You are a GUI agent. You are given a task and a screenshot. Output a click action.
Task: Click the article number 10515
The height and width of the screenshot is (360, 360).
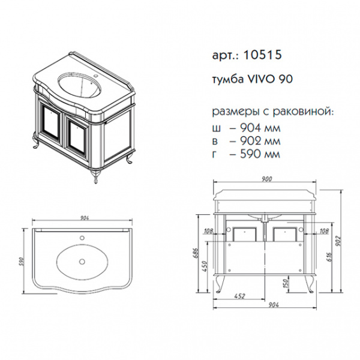(x=262, y=55)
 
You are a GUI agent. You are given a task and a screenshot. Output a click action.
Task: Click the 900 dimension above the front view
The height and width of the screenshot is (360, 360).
(x=266, y=179)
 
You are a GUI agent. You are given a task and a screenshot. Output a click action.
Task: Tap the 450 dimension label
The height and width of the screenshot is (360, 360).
(x=205, y=266)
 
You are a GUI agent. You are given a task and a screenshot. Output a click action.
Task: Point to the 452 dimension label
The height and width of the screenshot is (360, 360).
(x=240, y=296)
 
